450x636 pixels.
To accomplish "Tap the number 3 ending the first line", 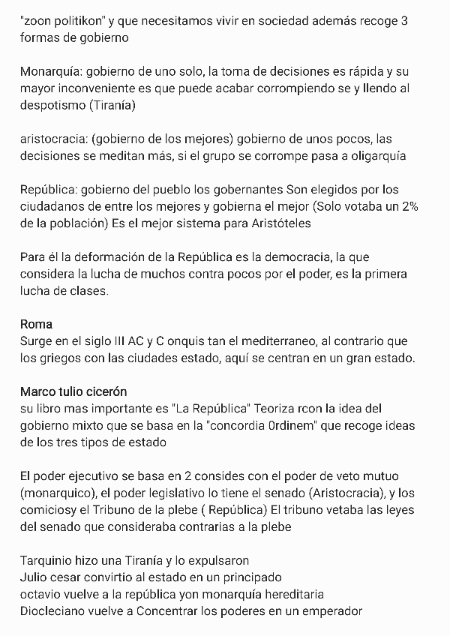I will [404, 21].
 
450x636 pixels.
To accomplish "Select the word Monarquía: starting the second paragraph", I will [51, 73].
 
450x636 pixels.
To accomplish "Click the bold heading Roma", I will [36, 325].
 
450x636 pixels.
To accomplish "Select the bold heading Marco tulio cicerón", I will [73, 392].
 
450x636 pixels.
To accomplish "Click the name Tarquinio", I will [50, 560].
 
